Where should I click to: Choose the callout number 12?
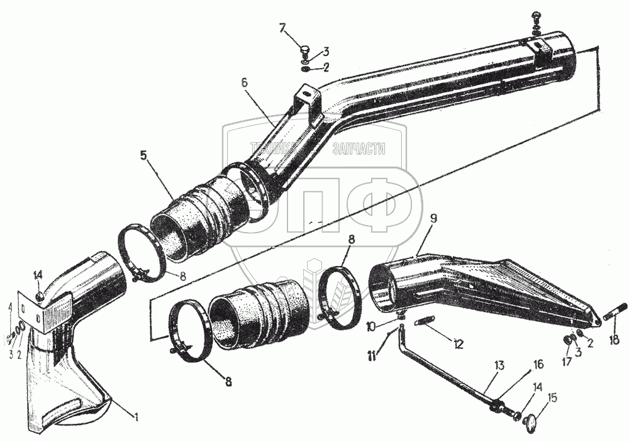click(x=457, y=345)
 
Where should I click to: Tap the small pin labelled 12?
click(x=426, y=323)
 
